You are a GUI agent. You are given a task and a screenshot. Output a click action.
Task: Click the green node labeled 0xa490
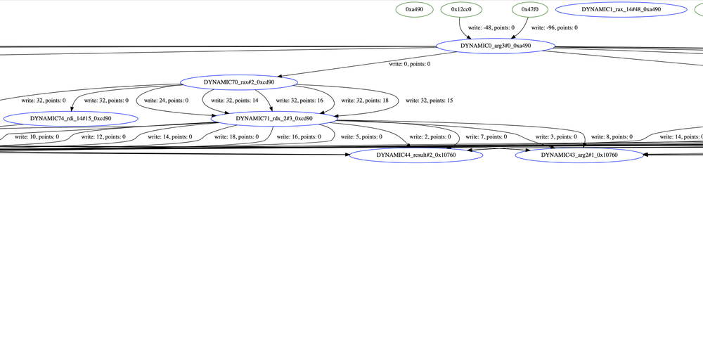click(x=414, y=10)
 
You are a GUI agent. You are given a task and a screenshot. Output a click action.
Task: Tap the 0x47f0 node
click(x=529, y=10)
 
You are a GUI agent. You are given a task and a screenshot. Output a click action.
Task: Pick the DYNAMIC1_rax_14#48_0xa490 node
click(x=621, y=10)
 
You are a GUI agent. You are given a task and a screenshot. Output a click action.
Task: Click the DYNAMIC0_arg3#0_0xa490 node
click(x=496, y=46)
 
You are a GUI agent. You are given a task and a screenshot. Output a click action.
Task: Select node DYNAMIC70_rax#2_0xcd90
click(x=239, y=82)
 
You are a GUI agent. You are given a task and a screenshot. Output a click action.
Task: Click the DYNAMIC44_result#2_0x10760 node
click(x=416, y=155)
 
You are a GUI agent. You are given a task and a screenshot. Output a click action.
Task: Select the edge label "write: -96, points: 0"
click(x=554, y=27)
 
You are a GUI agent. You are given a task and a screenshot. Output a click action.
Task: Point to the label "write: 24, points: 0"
click(x=166, y=101)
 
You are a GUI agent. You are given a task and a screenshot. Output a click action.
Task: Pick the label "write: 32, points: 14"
click(x=232, y=101)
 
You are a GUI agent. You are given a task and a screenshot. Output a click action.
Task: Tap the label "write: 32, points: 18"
click(x=365, y=101)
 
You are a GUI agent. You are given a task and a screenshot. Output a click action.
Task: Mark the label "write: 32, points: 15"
click(x=427, y=101)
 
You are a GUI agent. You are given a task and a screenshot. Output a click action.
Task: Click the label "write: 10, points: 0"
click(x=37, y=136)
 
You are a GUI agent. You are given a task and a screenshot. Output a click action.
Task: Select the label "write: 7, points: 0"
click(x=494, y=136)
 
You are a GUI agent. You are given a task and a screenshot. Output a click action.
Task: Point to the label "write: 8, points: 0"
click(x=612, y=136)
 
